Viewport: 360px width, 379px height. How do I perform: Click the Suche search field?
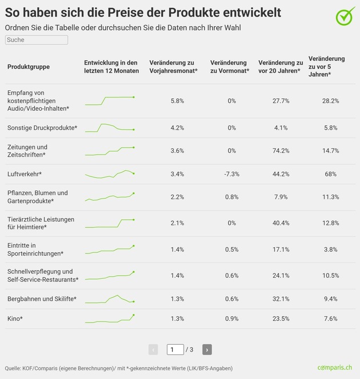[37, 40]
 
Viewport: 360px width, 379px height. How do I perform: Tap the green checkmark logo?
[346, 16]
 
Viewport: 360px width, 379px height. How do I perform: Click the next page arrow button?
[207, 349]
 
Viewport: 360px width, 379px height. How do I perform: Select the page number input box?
[175, 349]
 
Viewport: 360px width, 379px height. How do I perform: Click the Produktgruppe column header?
[29, 67]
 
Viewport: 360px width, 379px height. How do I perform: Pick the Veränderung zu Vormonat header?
[230, 67]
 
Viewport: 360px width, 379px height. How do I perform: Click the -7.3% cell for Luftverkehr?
[232, 174]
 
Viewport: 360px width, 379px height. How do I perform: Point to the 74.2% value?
[281, 151]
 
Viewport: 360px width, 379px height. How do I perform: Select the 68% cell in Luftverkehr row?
[330, 174]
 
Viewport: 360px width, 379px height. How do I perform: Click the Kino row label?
[15, 318]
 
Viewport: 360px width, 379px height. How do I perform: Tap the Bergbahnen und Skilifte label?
[42, 299]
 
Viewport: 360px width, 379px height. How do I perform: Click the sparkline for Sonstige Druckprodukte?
[110, 128]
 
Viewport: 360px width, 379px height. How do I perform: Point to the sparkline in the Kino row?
[110, 319]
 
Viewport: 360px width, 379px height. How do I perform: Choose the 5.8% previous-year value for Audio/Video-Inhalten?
[177, 101]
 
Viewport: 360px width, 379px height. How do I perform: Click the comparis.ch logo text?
[335, 368]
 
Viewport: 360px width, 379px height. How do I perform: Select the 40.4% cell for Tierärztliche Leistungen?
[281, 223]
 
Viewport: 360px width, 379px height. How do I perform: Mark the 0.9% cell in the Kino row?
[232, 318]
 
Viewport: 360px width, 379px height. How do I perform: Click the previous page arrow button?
[153, 349]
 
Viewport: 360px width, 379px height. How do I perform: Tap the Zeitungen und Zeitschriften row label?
[27, 151]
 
